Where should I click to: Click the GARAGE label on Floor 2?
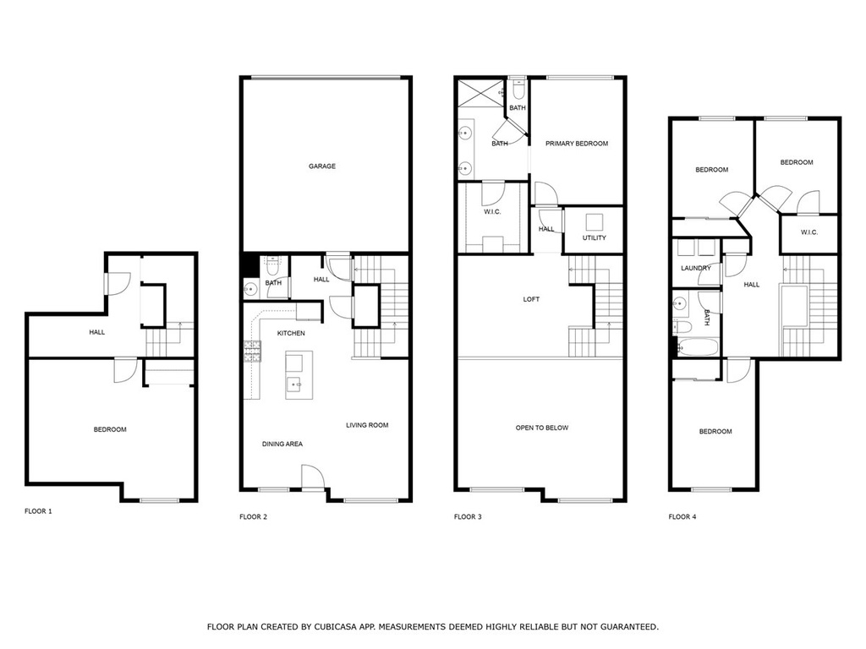coord(322,166)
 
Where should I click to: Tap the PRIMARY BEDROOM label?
coord(577,144)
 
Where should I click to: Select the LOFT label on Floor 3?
coord(531,299)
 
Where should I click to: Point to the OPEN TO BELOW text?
coord(542,428)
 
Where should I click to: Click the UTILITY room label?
coord(595,237)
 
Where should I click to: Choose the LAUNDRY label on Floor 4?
coord(696,268)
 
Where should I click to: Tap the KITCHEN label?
coord(291,333)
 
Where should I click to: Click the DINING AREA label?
coord(282,444)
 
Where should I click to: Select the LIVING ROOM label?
coord(367,425)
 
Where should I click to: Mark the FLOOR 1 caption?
coord(38,511)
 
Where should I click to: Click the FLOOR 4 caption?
coord(682,516)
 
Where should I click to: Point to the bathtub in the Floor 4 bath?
coord(698,347)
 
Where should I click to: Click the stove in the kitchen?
coord(252,352)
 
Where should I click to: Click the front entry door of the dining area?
coord(313,477)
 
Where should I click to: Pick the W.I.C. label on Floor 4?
coord(809,232)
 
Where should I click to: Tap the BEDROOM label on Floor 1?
coord(110,429)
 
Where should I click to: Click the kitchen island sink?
coord(294,383)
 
